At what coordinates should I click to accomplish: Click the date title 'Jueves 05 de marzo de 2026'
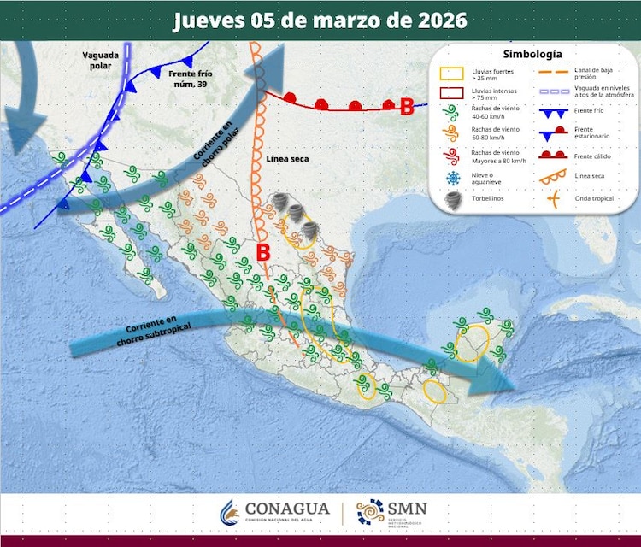click(x=320, y=20)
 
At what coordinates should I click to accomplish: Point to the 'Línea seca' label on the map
click(x=285, y=159)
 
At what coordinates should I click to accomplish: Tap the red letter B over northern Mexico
click(x=264, y=252)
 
